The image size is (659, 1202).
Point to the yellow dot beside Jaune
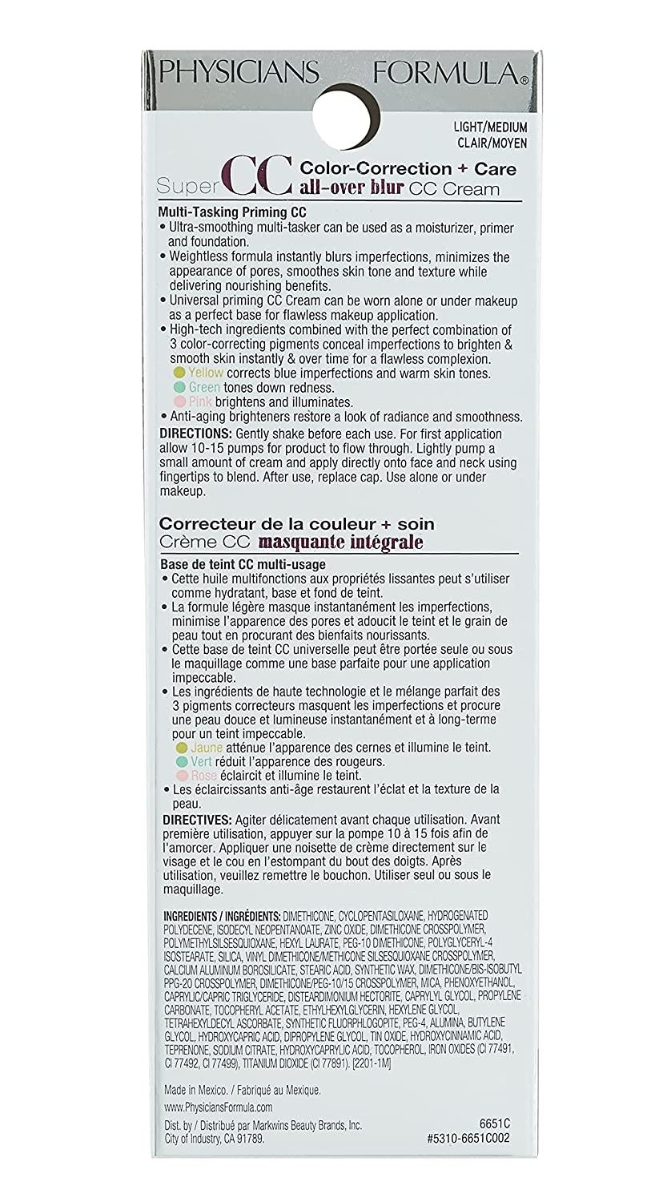tap(181, 747)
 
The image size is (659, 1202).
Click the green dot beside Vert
tap(181, 761)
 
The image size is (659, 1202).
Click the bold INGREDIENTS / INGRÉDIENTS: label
tap(222, 915)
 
